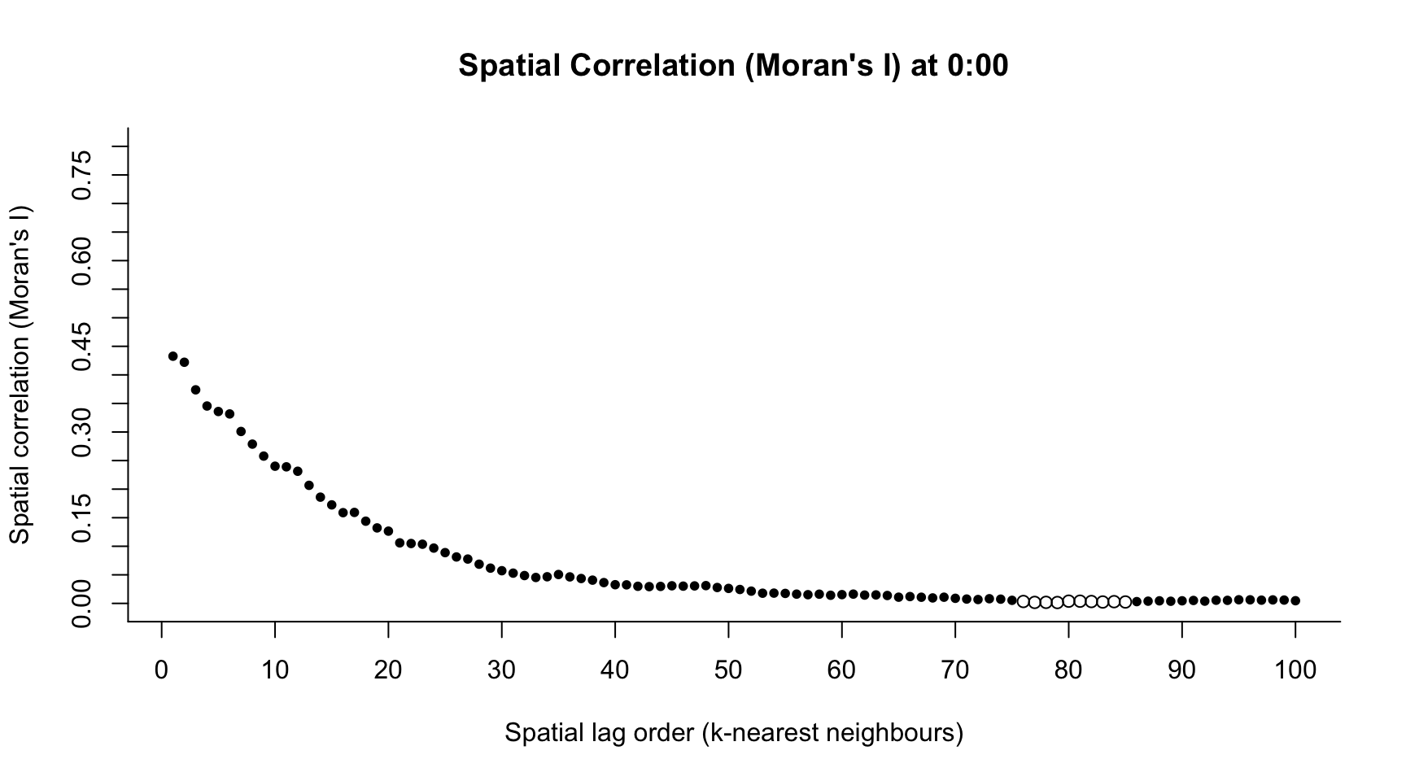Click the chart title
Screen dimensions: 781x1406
[733, 65]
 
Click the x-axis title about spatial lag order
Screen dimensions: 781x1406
[733, 733]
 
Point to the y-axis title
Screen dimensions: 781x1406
[20, 374]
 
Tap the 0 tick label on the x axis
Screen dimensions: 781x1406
[162, 670]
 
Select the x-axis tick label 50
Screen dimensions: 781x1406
[728, 670]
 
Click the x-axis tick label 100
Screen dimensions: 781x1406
[1295, 670]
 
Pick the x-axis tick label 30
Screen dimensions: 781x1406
[502, 670]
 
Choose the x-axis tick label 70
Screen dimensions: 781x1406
[955, 670]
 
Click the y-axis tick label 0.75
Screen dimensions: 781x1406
[81, 175]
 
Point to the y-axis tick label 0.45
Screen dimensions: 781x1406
[81, 347]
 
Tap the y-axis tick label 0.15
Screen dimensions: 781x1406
[81, 517]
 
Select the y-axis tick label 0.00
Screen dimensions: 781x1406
[81, 603]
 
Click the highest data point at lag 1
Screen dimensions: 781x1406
[172, 356]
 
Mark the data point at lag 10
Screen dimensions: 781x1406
[275, 466]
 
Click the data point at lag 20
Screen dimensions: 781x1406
[388, 531]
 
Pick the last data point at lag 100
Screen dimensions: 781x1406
[1295, 600]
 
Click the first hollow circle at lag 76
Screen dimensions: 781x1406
[1023, 601]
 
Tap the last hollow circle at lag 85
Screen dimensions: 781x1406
[1125, 602]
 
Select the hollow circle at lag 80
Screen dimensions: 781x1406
[1068, 601]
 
